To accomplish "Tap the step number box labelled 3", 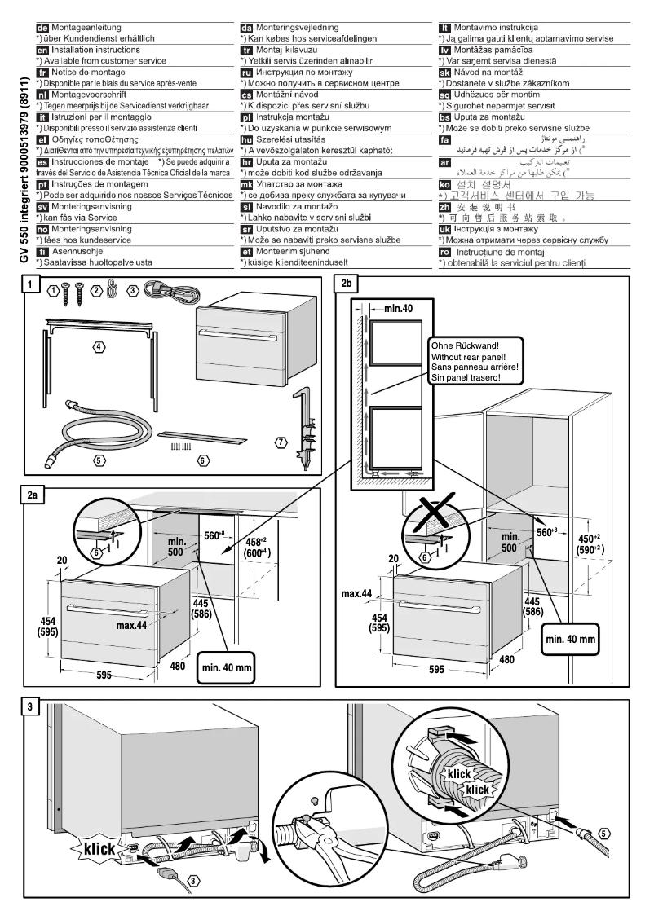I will (x=32, y=706).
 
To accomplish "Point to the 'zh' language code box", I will (x=444, y=209).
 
